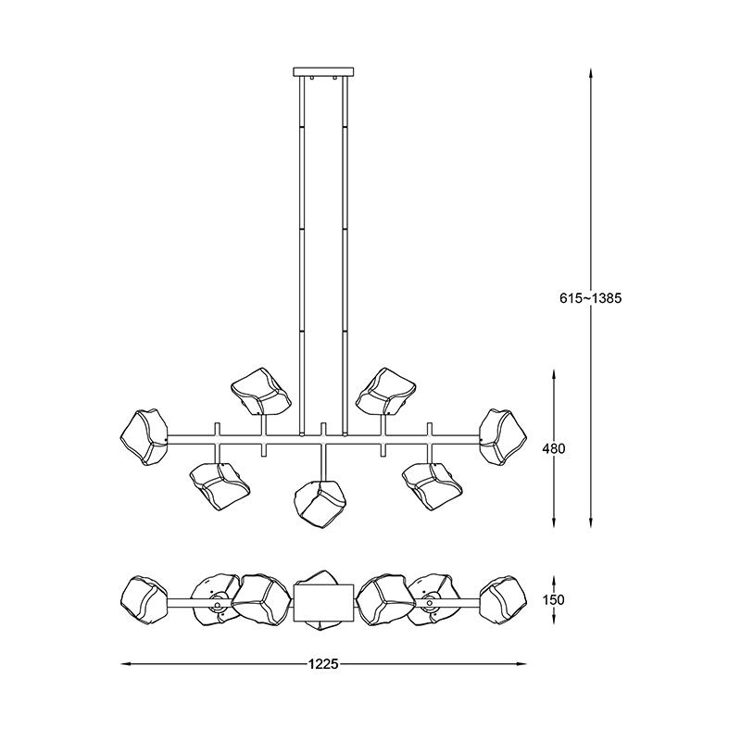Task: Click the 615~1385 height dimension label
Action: (x=590, y=298)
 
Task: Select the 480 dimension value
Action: (x=553, y=448)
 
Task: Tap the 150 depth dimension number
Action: (x=553, y=599)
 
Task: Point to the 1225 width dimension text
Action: (x=323, y=664)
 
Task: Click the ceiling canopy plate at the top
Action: (x=323, y=72)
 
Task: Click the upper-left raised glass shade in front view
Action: (x=260, y=391)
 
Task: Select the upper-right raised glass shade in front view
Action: (x=386, y=391)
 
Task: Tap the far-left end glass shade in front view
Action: (x=144, y=437)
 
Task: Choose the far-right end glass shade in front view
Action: (x=503, y=437)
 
